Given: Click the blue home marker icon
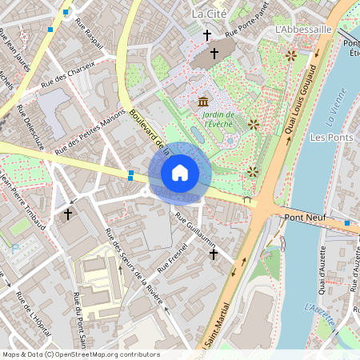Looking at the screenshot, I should (x=180, y=172).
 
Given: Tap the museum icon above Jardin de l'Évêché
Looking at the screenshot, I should (x=203, y=102).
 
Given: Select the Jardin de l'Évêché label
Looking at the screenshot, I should (x=206, y=119).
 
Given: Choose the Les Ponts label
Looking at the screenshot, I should (x=331, y=138).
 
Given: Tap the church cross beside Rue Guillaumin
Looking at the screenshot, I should (x=213, y=254).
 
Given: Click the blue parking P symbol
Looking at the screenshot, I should (x=15, y=249).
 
